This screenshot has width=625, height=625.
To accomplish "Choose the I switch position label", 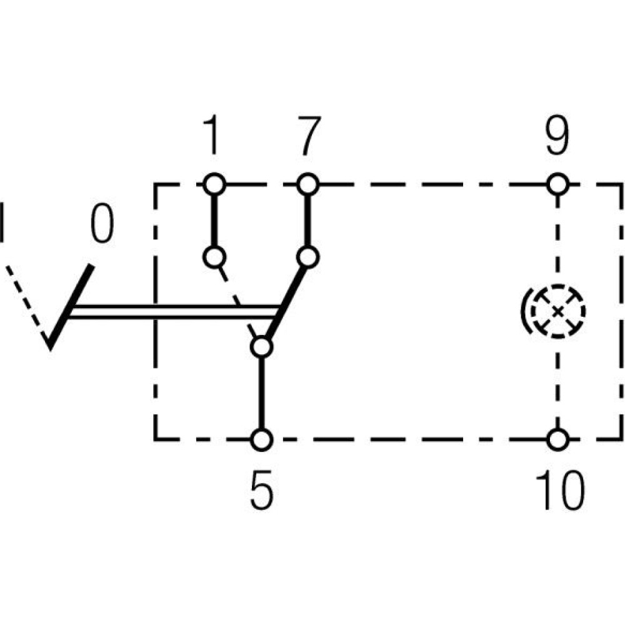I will pyautogui.click(x=3, y=222).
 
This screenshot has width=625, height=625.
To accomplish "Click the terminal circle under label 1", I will pyautogui.click(x=214, y=184).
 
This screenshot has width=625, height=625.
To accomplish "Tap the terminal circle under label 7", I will pyautogui.click(x=307, y=184).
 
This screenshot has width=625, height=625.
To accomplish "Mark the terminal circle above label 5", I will pyautogui.click(x=262, y=439).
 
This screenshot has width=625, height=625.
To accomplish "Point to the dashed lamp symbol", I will pyautogui.click(x=556, y=311).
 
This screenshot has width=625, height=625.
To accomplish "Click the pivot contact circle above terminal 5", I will pyautogui.click(x=262, y=347).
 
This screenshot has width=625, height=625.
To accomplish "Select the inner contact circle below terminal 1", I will pyautogui.click(x=214, y=257).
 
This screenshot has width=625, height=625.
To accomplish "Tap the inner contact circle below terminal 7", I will pyautogui.click(x=307, y=257).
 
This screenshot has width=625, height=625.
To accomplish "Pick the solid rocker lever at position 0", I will pyautogui.click(x=72, y=306).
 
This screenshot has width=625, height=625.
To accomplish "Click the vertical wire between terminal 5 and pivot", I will pyautogui.click(x=262, y=394).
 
